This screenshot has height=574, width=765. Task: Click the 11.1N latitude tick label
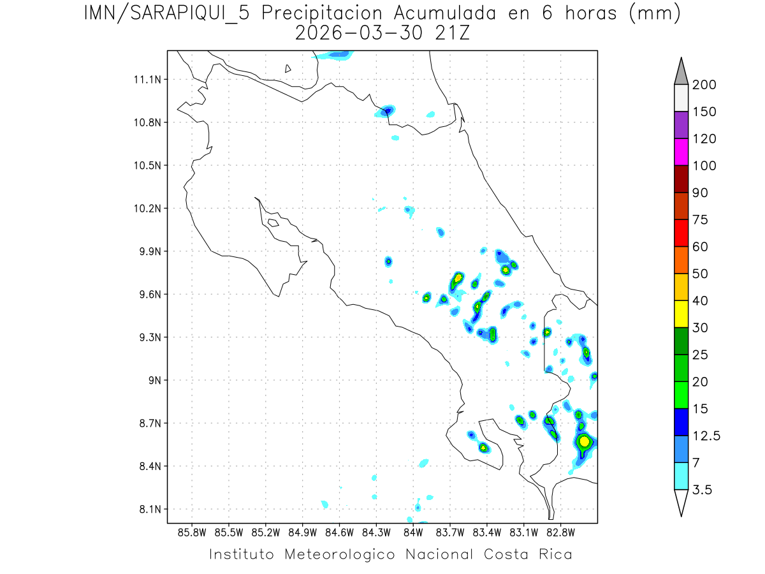[x=146, y=80]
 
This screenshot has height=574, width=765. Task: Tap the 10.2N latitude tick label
[x=146, y=209]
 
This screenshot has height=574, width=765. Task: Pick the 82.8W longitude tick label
[x=561, y=531]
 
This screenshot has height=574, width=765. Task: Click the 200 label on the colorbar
[x=704, y=85]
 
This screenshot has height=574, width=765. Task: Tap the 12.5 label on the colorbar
[x=706, y=436]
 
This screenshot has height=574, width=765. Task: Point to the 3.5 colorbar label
[x=702, y=490]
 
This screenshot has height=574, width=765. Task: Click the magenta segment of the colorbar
[x=681, y=152]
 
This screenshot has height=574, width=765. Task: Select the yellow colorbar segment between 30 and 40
[x=681, y=314]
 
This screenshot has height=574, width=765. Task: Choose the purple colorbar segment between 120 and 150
[x=681, y=125]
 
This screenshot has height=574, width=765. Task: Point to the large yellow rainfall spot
[x=583, y=441]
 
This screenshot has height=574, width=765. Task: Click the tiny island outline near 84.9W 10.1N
[x=273, y=223]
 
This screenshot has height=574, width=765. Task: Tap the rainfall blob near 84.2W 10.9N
[x=387, y=111]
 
